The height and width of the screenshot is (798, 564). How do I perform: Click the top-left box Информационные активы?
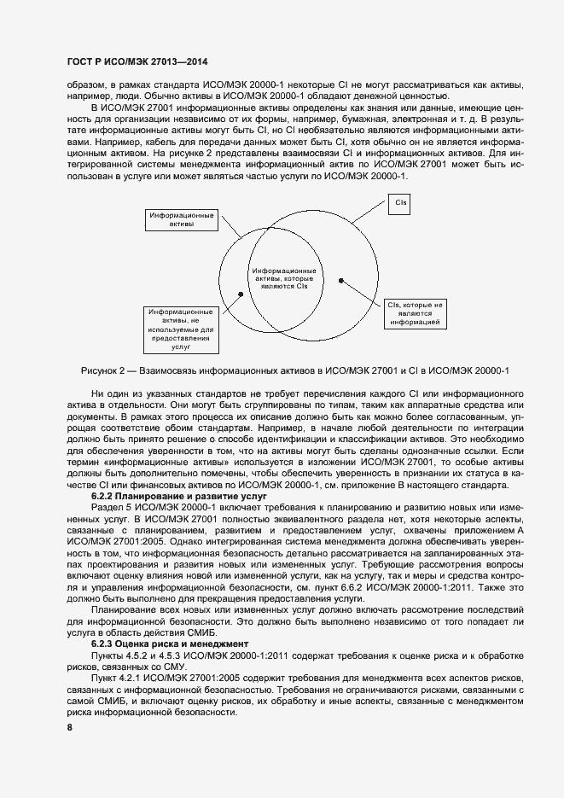coord(181,220)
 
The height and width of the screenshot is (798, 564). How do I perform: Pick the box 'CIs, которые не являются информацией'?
coord(415,313)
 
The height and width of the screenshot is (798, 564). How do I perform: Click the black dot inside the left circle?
coord(241,293)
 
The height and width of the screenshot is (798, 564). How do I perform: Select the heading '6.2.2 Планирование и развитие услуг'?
coord(167,496)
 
